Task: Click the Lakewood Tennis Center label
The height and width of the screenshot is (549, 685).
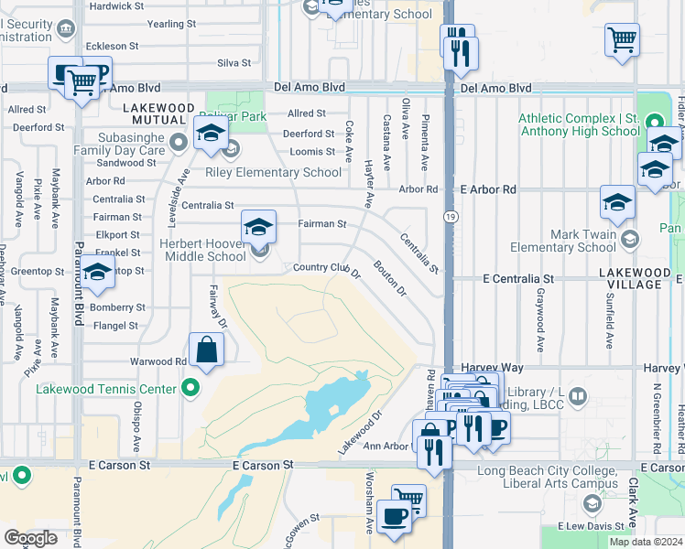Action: [x=106, y=388]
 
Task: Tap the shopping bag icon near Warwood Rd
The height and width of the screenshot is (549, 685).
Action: [x=206, y=350]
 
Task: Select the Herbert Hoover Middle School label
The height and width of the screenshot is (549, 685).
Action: [x=202, y=250]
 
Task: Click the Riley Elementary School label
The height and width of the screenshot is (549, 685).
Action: [x=272, y=172]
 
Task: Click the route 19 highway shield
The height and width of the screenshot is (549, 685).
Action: [x=450, y=216]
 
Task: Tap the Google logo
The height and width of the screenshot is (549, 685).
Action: [x=30, y=537]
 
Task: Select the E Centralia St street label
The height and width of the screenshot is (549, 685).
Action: [x=518, y=277]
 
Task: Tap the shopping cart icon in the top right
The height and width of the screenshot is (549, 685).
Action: [x=622, y=40]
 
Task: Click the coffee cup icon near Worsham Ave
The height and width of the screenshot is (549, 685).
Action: [x=394, y=517]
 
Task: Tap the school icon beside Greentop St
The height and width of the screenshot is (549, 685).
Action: [x=97, y=274]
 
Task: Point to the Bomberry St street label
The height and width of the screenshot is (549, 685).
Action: [x=118, y=307]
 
